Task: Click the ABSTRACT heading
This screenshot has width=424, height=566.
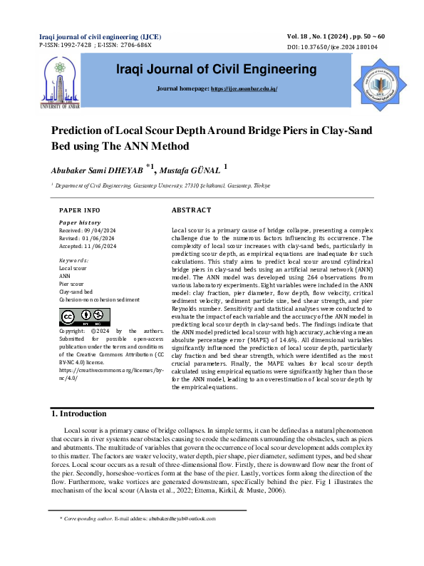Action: (192, 210)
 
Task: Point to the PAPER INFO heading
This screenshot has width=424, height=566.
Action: (79, 211)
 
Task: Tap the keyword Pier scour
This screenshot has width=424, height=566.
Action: (72, 284)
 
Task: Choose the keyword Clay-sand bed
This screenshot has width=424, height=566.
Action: (76, 292)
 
